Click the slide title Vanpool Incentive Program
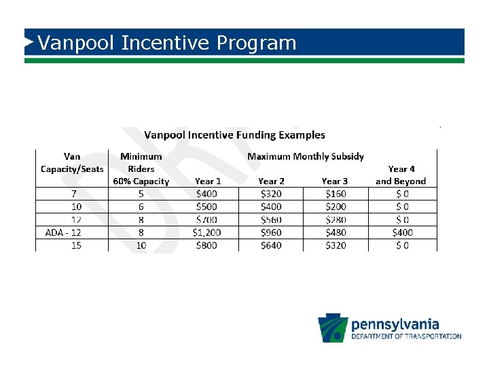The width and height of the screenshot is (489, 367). [167, 43]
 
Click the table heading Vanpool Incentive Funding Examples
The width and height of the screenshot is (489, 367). [234, 135]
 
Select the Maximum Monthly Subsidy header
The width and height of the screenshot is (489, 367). [305, 156]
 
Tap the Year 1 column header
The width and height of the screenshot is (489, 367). [208, 181]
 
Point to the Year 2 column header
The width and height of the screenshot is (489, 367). [271, 181]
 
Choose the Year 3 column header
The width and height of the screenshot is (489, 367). [335, 181]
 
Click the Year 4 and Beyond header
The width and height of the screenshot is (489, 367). [401, 175]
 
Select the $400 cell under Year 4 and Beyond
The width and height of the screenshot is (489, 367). [401, 232]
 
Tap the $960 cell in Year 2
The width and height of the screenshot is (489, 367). [272, 232]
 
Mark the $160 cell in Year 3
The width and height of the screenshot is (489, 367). [335, 194]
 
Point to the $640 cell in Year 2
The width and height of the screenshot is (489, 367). [272, 245]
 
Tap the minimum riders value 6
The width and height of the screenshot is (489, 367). [141, 207]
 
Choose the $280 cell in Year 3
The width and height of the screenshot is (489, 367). [335, 220]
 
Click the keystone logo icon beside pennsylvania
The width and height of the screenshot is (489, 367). [333, 329]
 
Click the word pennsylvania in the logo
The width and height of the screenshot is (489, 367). [395, 324]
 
